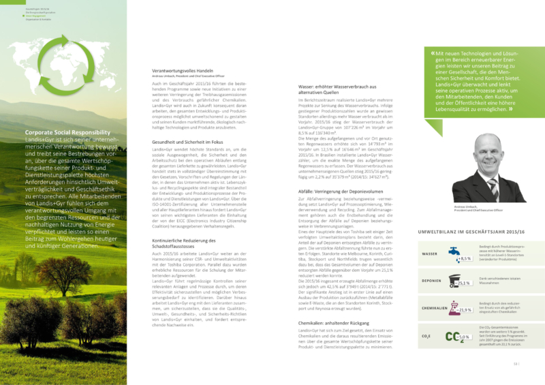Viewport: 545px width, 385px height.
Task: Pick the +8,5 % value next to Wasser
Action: (x=465, y=259)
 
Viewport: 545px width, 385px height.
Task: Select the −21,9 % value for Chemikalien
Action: (x=465, y=310)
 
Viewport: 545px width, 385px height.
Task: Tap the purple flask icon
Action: (x=450, y=306)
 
